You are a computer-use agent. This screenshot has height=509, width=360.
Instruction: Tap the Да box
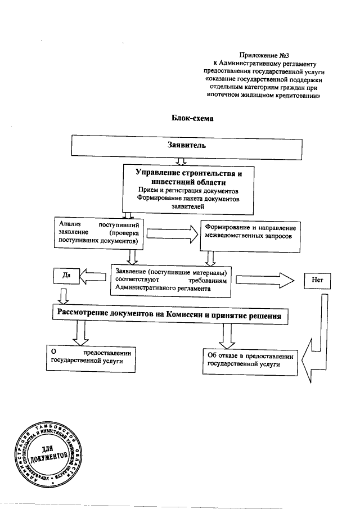[65, 276]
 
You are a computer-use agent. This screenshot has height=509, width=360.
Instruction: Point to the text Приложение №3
[263, 55]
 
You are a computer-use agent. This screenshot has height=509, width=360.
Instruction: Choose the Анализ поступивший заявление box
[100, 232]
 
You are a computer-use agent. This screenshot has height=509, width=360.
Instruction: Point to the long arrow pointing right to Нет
[265, 278]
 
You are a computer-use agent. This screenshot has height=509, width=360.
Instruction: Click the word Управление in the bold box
[157, 173]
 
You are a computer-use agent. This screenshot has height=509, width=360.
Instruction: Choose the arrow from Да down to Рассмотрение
[64, 295]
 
